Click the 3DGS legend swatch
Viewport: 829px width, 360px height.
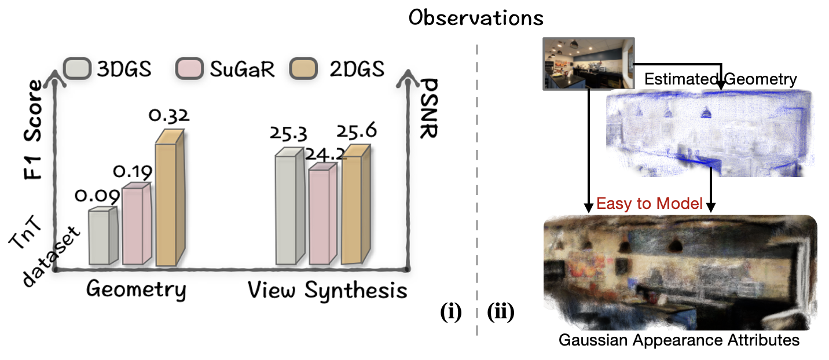[x=78, y=68]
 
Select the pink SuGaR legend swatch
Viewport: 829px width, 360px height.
[x=189, y=68]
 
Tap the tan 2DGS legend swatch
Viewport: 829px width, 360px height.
[x=303, y=68]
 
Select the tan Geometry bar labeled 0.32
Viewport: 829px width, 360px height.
[x=170, y=197]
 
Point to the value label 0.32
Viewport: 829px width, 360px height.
[x=169, y=115]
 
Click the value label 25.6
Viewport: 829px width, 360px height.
[x=357, y=131]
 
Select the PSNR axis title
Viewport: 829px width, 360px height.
[x=430, y=108]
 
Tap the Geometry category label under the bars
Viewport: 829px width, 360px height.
[x=136, y=290]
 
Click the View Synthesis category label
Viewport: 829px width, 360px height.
[x=328, y=291]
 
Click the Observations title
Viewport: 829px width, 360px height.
[x=476, y=17]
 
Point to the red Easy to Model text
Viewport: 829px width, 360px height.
[x=650, y=204]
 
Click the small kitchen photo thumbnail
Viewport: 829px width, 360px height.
[x=588, y=63]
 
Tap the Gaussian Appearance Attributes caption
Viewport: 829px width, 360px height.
[x=679, y=340]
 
